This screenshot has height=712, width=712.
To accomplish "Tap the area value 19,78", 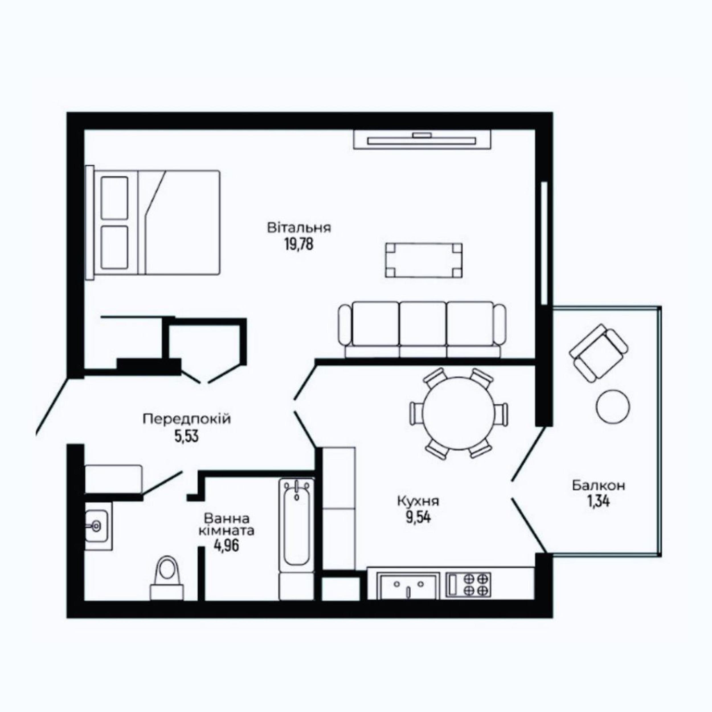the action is (x=299, y=244).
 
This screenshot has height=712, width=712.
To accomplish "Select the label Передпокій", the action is (x=187, y=419).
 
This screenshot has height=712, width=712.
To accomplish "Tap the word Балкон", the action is (x=598, y=486).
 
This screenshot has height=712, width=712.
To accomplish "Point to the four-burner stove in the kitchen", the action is (x=468, y=585).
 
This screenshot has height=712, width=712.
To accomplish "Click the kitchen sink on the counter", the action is (x=409, y=586).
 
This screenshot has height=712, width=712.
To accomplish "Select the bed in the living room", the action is (x=153, y=222).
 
